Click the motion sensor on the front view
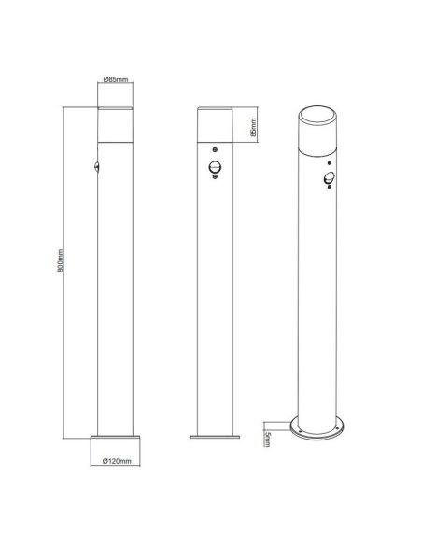point(216,169)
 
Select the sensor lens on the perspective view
point(328,181)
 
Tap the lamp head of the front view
point(216,125)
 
